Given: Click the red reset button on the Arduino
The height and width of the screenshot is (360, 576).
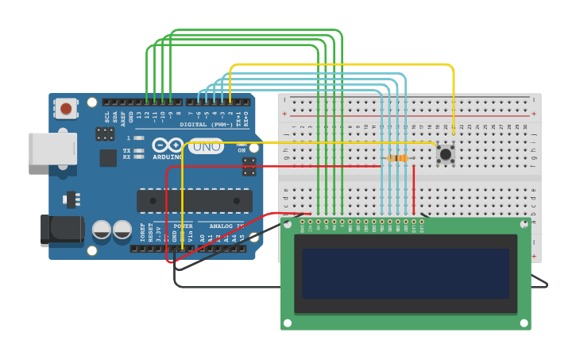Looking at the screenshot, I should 66,109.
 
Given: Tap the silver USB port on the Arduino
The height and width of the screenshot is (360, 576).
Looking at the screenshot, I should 53,149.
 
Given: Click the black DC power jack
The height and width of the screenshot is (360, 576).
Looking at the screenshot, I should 62,229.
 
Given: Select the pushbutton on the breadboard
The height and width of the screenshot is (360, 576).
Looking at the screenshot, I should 445,154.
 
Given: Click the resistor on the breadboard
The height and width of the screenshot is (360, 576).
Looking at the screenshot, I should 397,158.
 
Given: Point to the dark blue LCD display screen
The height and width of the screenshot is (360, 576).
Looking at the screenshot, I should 405,273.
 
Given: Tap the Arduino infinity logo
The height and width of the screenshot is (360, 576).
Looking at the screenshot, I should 168,145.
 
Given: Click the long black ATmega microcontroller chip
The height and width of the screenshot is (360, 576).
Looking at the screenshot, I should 195,201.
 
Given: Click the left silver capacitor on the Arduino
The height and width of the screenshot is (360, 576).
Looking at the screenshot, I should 102,230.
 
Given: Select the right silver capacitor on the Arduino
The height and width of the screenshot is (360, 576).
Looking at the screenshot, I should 122,230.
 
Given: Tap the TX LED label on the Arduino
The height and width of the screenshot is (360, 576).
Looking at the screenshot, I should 126,150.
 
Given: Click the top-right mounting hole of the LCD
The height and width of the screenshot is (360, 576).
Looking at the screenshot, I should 524,226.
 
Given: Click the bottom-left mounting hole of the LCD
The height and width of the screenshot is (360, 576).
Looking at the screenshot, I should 288,323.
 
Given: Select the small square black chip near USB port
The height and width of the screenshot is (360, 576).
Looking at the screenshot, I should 108,157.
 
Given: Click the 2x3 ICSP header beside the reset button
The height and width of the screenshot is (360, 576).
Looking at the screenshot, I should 104,134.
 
